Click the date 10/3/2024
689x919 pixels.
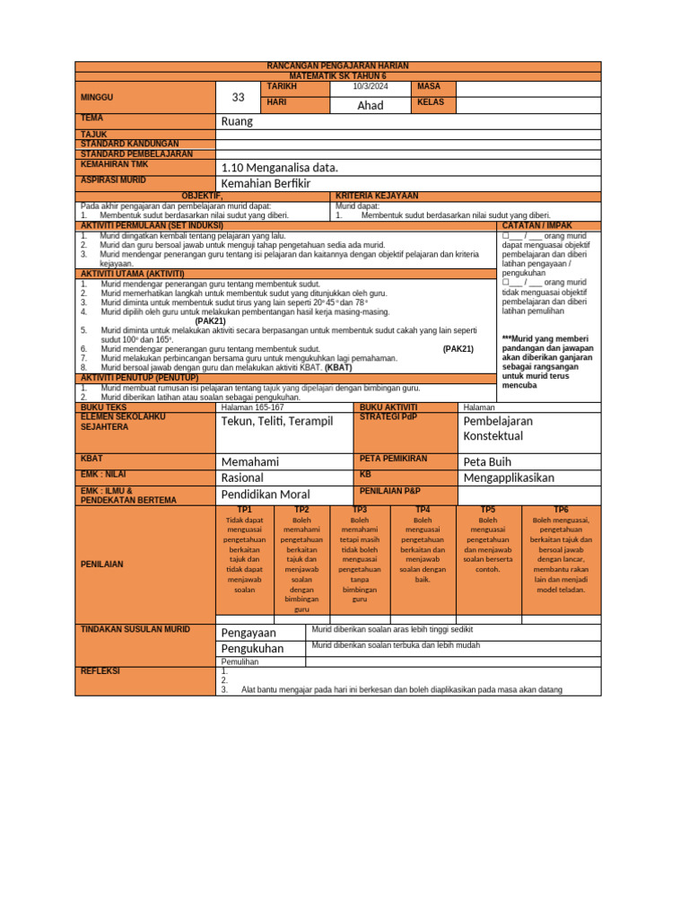pyautogui.click(x=371, y=86)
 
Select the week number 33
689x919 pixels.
pyautogui.click(x=238, y=98)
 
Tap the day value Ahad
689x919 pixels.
pyautogui.click(x=371, y=105)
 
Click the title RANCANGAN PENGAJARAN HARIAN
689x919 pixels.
pyautogui.click(x=338, y=66)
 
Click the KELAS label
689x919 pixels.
pyautogui.click(x=432, y=103)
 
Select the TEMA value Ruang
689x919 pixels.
pyautogui.click(x=237, y=121)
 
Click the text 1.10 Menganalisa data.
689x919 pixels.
pyautogui.click(x=279, y=167)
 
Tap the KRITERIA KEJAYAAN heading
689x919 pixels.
pyautogui.click(x=377, y=196)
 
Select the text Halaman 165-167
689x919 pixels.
pyautogui.click(x=252, y=407)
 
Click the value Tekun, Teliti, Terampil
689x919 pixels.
pyautogui.click(x=276, y=421)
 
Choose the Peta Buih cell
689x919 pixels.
pyautogui.click(x=487, y=461)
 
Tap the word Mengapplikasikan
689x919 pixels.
pyautogui.click(x=509, y=477)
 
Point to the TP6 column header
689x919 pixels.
pyautogui.click(x=561, y=510)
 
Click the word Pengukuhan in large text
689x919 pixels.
pyautogui.click(x=252, y=648)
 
